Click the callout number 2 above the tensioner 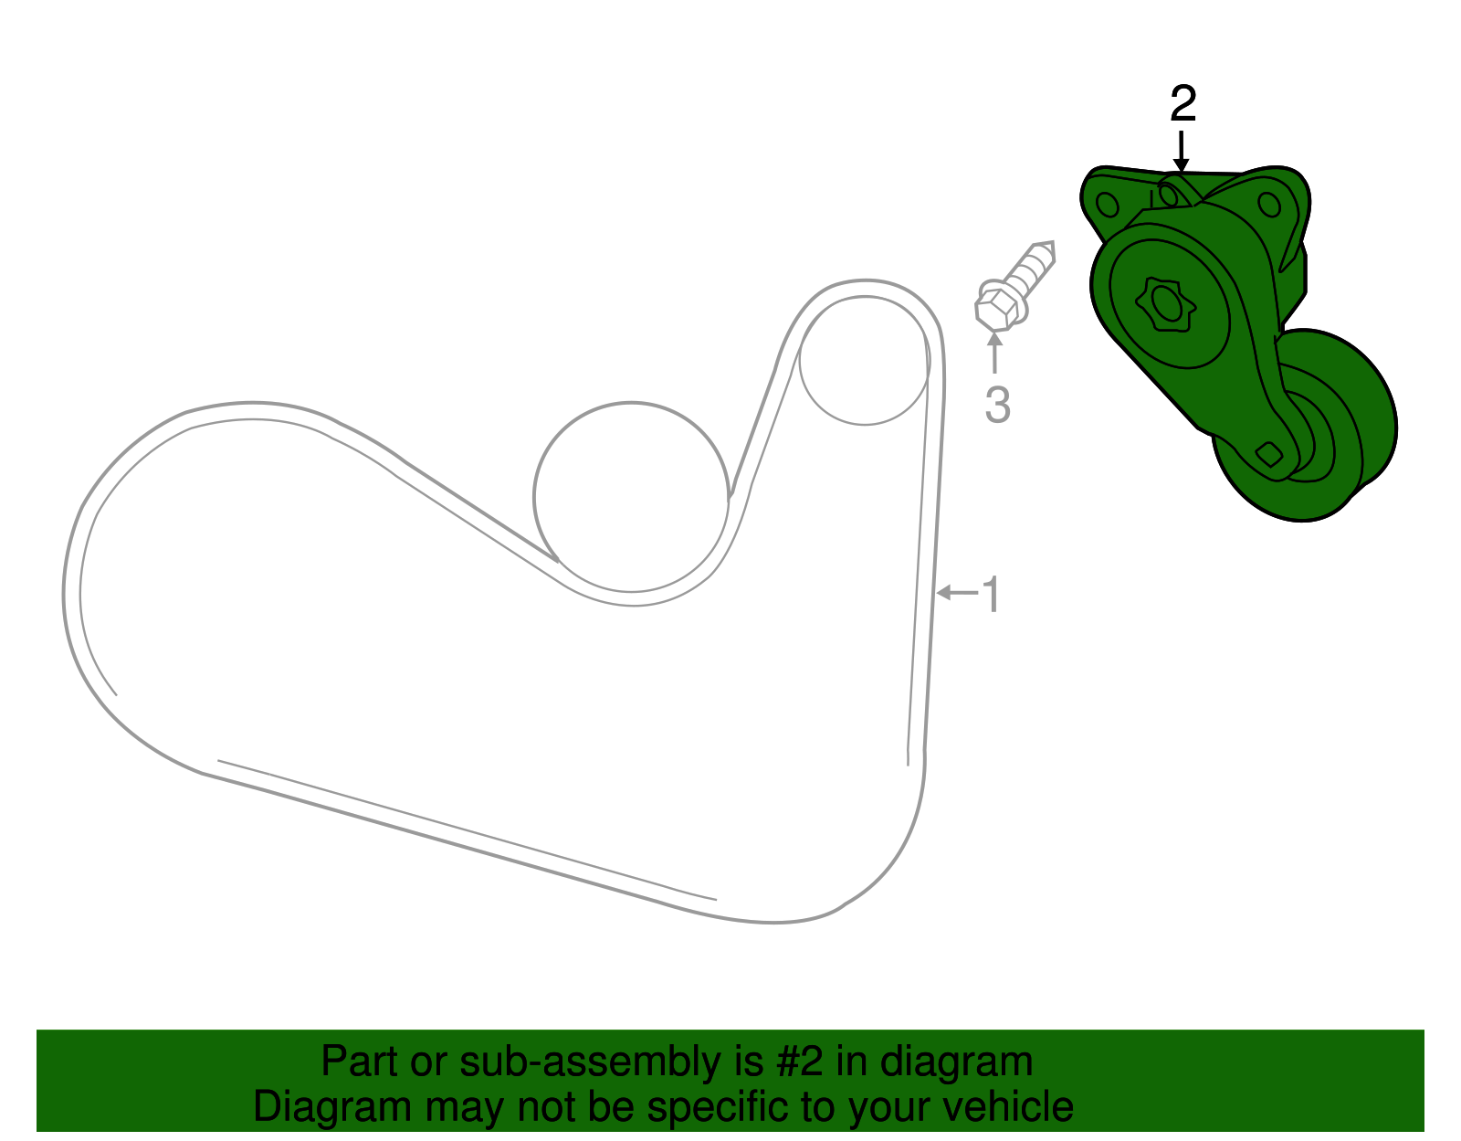click(1183, 103)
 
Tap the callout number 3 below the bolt click(998, 406)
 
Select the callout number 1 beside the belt click(992, 595)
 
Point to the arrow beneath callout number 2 click(1182, 152)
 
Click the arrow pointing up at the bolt click(994, 353)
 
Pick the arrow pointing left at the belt click(958, 592)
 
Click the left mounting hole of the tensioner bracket click(1108, 204)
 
